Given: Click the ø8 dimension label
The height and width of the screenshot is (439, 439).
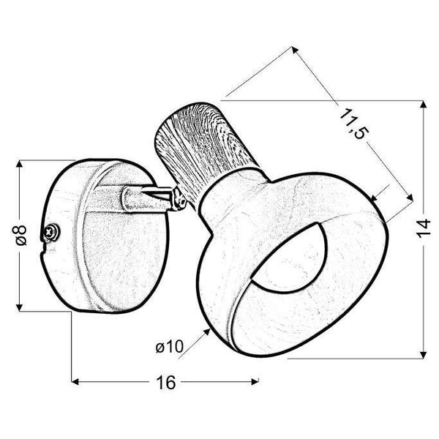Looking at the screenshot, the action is (21, 235).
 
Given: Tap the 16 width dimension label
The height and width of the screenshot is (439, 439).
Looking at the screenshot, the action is (166, 382).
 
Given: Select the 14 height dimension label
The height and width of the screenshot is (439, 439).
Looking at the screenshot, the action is (423, 229).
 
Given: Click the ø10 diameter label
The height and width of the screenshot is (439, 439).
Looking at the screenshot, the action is (170, 347).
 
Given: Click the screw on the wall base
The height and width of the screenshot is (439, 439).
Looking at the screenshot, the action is (51, 231).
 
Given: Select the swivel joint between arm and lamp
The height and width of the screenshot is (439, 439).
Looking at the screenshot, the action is (179, 198).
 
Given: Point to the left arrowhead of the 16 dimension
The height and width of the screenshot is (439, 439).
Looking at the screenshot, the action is (75, 381).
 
